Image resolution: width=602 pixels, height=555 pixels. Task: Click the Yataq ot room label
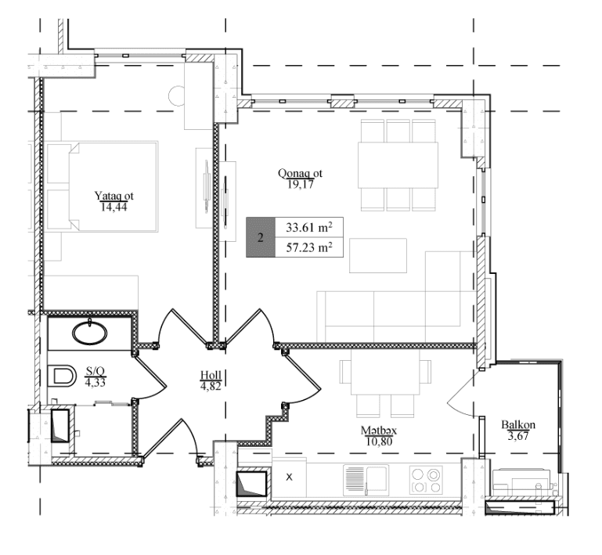click(x=114, y=196)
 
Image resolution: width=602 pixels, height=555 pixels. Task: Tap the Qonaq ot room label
click(x=301, y=174)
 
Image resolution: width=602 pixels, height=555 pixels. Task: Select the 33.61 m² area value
click(x=309, y=227)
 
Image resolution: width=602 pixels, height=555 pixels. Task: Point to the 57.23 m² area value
click(x=309, y=247)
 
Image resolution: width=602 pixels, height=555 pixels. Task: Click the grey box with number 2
click(x=261, y=237)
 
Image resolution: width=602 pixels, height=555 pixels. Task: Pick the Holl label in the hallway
click(x=211, y=375)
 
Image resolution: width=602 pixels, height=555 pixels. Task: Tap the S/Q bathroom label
click(x=96, y=371)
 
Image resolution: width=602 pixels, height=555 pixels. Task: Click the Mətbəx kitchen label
click(x=379, y=431)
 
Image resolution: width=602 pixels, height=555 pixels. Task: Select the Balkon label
click(x=518, y=425)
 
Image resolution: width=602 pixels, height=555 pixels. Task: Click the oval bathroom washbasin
click(x=90, y=333)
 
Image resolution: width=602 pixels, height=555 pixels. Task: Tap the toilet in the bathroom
click(x=61, y=376)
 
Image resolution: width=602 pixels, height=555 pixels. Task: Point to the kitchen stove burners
click(x=426, y=480)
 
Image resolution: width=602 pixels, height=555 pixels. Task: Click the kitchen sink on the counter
click(x=366, y=480)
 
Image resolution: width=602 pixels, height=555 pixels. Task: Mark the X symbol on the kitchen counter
click(x=290, y=477)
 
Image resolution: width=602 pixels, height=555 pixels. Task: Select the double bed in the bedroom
click(x=102, y=186)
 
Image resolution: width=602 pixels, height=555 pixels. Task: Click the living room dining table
click(x=398, y=165)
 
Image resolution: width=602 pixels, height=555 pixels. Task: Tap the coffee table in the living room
click(x=378, y=256)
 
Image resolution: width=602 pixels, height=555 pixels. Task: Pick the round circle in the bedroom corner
click(x=178, y=96)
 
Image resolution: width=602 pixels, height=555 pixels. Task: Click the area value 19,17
click(x=301, y=185)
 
